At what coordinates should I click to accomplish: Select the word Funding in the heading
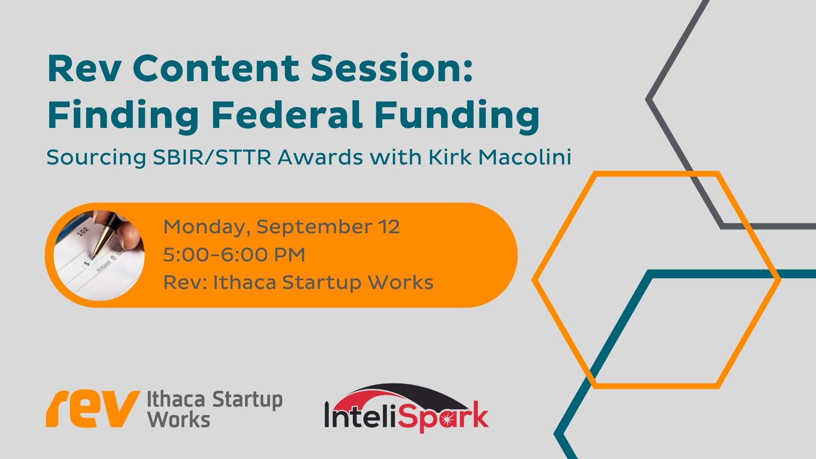pos(457,117)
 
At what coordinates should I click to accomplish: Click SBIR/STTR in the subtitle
pos(212,157)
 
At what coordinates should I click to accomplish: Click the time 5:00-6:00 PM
pos(234,255)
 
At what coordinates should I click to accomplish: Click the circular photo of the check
pos(99,255)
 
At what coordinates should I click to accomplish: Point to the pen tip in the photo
pos(92,258)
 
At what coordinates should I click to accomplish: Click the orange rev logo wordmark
pos(93,409)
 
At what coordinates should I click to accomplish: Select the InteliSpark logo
pos(406,408)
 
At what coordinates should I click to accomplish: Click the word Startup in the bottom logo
pos(247,400)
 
